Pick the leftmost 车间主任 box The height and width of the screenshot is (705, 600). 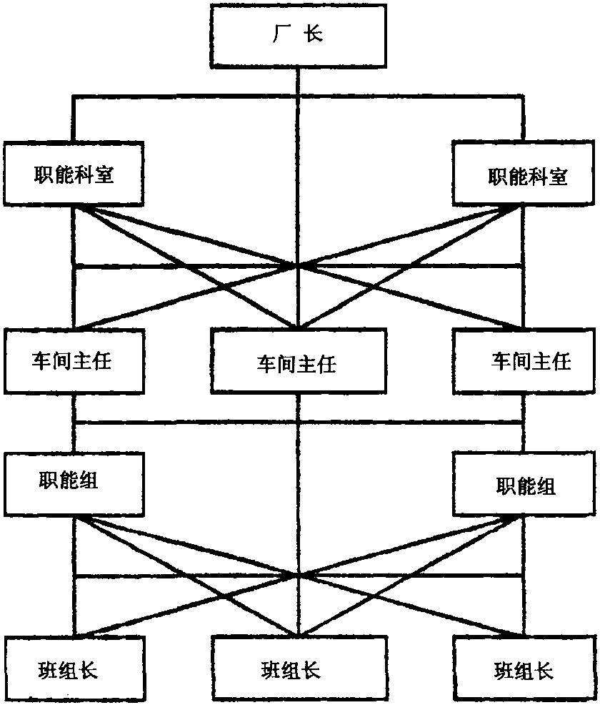pyautogui.click(x=74, y=360)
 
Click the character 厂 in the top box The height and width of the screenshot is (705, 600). pyautogui.click(x=280, y=34)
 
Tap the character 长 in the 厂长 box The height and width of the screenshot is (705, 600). pyautogui.click(x=314, y=34)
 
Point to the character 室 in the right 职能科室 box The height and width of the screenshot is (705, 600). pyautogui.click(x=558, y=177)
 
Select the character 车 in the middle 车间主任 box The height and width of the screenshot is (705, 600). pyautogui.click(x=265, y=365)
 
